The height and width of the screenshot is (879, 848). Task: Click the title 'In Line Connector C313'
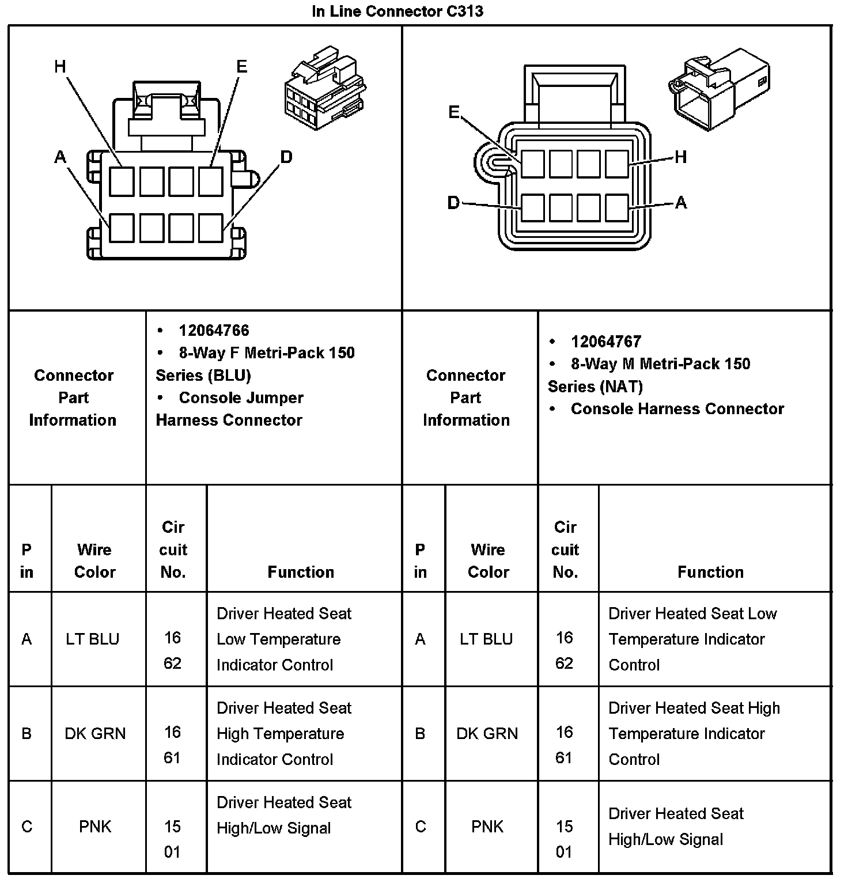tap(397, 11)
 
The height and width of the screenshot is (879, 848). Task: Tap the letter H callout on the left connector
tap(60, 67)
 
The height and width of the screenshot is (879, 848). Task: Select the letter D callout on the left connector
tap(286, 157)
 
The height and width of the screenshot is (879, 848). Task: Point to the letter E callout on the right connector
tap(454, 112)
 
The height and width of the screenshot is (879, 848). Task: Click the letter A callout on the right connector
tap(681, 202)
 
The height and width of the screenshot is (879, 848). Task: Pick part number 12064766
tap(214, 330)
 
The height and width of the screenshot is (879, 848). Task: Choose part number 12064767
tap(605, 341)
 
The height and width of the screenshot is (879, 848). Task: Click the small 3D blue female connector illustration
tap(325, 89)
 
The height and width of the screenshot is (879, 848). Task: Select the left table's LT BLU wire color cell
tap(92, 639)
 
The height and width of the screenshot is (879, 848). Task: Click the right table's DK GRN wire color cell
tap(487, 733)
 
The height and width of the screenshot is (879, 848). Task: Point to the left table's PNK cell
tap(94, 827)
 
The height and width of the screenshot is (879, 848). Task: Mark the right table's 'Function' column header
tap(710, 571)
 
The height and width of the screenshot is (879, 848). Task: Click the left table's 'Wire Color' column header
tap(94, 560)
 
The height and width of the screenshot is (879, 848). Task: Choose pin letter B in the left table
tap(26, 733)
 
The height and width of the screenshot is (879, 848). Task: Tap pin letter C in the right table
tap(420, 827)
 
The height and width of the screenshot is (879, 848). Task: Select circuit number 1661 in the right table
tap(564, 744)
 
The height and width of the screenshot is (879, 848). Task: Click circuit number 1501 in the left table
tap(172, 839)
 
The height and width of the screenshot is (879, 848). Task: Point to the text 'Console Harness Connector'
tap(677, 408)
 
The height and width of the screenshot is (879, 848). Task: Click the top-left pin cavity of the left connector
tap(122, 181)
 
